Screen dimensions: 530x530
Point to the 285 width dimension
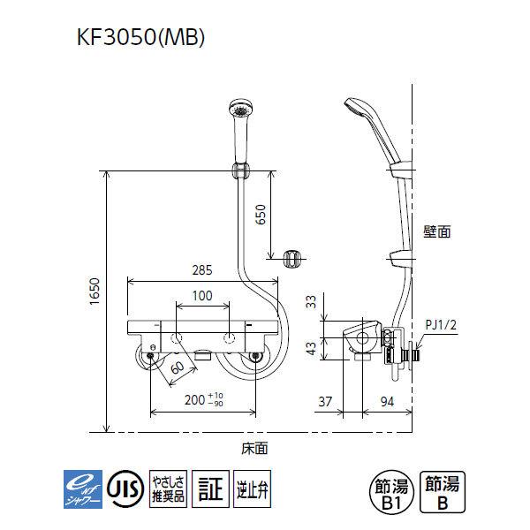[x=203, y=272]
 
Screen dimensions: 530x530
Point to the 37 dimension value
[x=326, y=402]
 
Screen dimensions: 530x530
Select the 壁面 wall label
[x=436, y=231]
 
